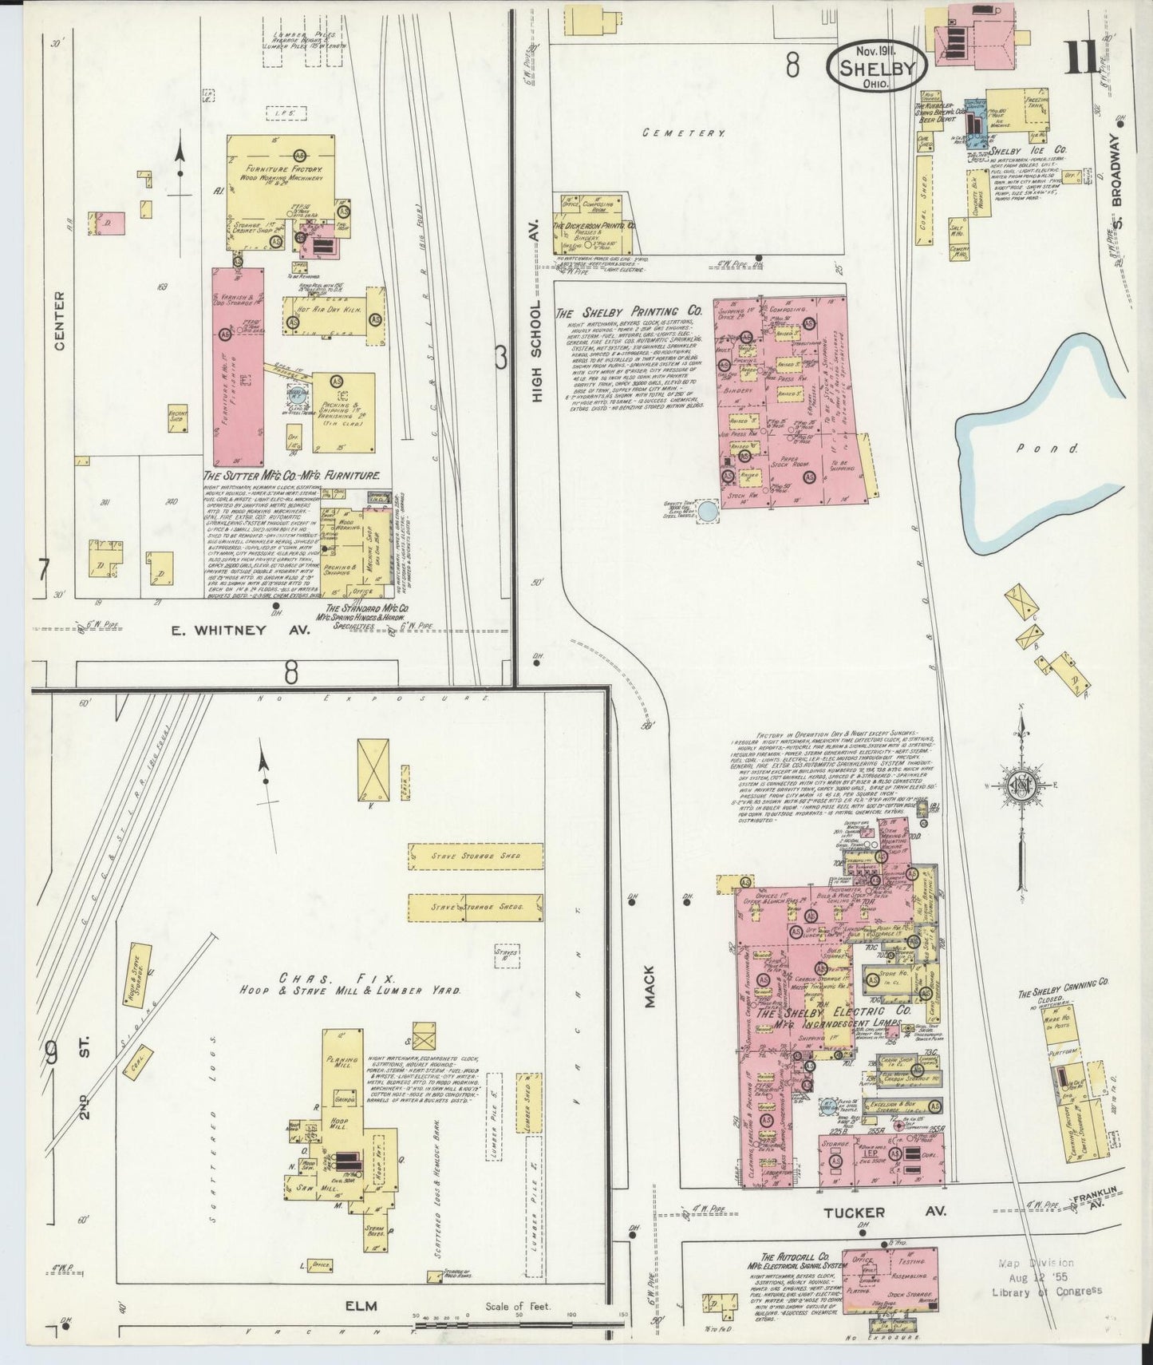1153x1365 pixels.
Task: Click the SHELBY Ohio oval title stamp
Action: point(876,65)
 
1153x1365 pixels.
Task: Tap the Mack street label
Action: point(649,984)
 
